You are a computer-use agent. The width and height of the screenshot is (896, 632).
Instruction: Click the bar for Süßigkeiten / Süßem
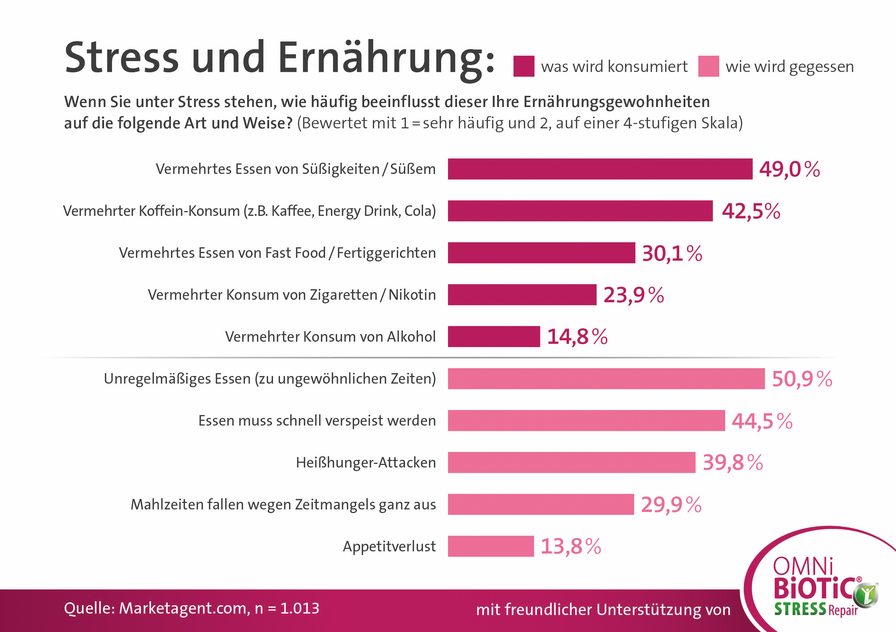click(x=600, y=169)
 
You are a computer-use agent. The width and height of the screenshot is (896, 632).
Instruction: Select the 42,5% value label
click(x=751, y=211)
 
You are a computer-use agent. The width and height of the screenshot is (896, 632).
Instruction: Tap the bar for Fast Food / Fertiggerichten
click(x=541, y=253)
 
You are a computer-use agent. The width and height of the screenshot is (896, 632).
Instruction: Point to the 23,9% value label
click(x=633, y=295)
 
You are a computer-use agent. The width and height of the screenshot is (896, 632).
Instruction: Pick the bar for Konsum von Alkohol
click(x=494, y=337)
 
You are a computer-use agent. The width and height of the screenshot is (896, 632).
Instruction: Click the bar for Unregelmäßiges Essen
click(x=606, y=379)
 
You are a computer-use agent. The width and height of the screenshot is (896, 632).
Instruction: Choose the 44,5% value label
click(x=762, y=421)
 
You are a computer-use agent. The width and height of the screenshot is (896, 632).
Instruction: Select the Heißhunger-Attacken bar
click(x=571, y=462)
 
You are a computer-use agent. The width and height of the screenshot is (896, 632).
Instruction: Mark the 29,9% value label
click(x=671, y=505)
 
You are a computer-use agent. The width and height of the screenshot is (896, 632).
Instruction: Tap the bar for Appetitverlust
click(x=491, y=546)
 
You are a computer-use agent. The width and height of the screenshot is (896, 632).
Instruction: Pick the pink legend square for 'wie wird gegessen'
click(x=708, y=67)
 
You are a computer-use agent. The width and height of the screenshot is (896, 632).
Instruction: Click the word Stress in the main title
click(x=121, y=58)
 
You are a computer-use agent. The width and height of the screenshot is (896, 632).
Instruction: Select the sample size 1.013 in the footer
click(x=300, y=608)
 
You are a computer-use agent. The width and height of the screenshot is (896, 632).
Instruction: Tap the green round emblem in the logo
click(x=865, y=595)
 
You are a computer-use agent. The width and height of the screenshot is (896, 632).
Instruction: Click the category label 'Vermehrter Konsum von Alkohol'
click(x=330, y=337)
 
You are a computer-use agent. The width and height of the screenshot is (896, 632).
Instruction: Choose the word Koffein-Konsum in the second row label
click(x=189, y=211)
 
